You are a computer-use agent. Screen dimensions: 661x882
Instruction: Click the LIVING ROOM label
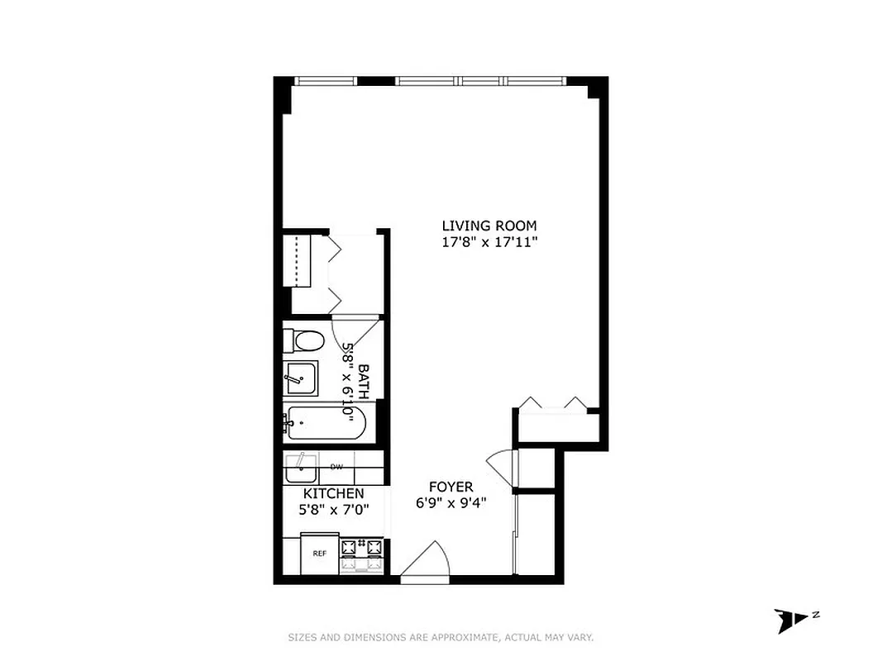click(489, 226)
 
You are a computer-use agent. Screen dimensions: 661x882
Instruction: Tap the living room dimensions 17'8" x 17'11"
click(489, 242)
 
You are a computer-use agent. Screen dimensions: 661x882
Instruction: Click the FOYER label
click(451, 487)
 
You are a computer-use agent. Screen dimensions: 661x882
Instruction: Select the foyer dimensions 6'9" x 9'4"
click(451, 502)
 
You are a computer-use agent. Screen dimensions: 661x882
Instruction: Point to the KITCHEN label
click(331, 493)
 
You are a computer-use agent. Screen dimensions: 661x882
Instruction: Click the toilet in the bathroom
click(304, 340)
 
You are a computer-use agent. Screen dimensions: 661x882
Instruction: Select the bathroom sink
click(298, 379)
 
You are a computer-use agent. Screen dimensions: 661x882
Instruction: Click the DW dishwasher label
click(336, 467)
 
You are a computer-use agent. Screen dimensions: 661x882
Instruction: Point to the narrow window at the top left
click(326, 81)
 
